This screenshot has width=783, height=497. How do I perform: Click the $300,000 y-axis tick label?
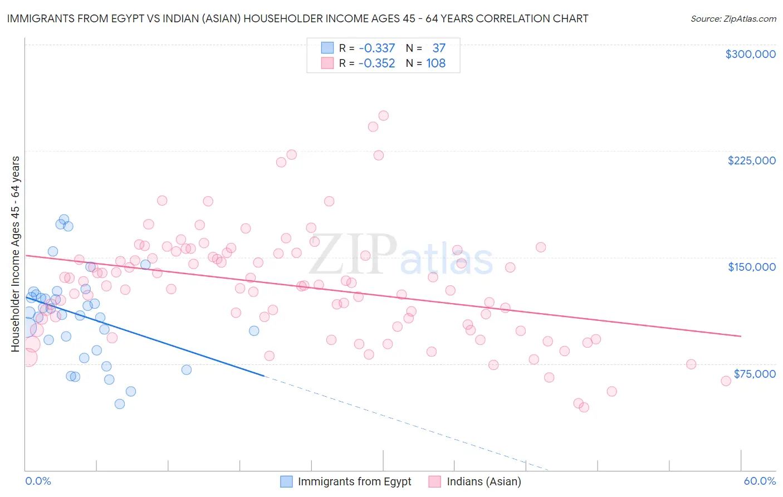(x=750, y=54)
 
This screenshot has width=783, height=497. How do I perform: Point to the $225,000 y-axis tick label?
(x=751, y=160)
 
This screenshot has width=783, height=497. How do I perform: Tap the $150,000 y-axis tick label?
(x=751, y=267)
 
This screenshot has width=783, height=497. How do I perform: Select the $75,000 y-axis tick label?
(x=754, y=374)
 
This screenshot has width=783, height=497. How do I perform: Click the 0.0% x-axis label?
(x=38, y=481)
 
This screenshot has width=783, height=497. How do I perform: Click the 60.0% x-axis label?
(x=759, y=481)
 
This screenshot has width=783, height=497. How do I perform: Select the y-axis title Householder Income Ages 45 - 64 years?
(x=15, y=254)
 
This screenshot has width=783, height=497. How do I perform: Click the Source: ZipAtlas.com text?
(x=733, y=19)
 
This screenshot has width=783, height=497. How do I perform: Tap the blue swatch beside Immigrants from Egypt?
(x=286, y=481)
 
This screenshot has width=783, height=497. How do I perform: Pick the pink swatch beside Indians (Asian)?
(x=435, y=481)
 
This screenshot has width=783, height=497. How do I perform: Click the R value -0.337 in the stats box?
(x=376, y=48)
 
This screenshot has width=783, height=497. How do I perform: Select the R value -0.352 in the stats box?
(x=376, y=64)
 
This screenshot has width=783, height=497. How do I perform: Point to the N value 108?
(x=435, y=64)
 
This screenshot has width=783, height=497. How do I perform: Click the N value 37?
(x=438, y=48)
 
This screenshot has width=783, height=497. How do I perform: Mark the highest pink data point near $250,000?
(x=383, y=116)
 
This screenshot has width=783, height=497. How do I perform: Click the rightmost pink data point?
(x=726, y=381)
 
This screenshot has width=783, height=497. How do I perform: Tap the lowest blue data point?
(x=120, y=404)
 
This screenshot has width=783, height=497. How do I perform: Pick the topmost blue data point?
(x=64, y=220)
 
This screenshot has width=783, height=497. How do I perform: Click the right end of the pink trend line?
(x=741, y=336)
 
